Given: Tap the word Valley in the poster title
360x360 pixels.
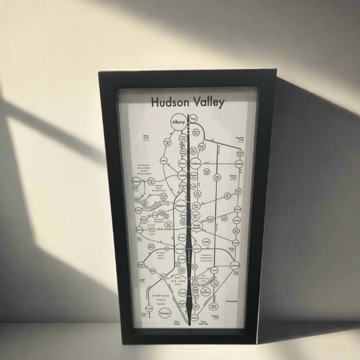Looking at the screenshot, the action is click(207, 103).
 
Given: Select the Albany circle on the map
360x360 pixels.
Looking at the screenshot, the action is click(179, 123).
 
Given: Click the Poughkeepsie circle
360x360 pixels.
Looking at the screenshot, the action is click(196, 228).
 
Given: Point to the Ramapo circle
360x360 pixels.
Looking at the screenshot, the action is click(165, 313).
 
